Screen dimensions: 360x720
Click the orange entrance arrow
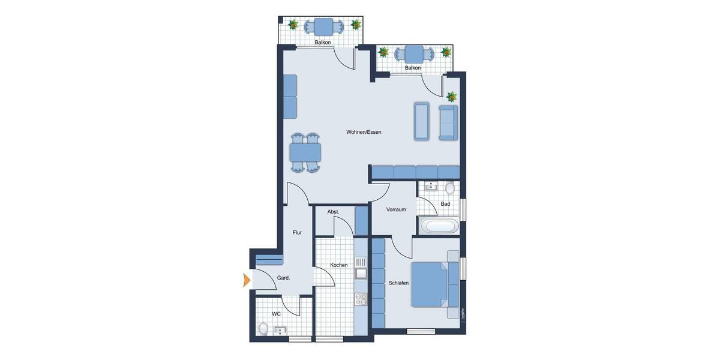[x=247, y=280]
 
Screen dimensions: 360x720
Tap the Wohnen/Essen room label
[x=364, y=132]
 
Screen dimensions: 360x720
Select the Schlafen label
[x=398, y=283]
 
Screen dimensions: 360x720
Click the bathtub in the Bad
[x=440, y=227]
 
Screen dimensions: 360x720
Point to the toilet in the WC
[x=263, y=328]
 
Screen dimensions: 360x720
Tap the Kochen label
[x=339, y=265]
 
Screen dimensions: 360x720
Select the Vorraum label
[x=396, y=209]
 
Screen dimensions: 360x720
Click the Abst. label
[x=334, y=212]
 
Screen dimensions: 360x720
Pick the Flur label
[x=297, y=232]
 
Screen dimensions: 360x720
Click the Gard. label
[x=284, y=278]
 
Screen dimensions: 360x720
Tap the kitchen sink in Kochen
[x=361, y=274]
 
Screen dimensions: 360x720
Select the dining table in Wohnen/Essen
[x=305, y=152]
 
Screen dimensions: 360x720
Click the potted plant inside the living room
[x=451, y=96]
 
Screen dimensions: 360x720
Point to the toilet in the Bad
[x=450, y=188]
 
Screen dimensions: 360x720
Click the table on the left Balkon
[x=324, y=26]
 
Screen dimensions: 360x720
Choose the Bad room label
[x=445, y=204]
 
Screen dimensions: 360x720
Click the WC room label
[x=276, y=314]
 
